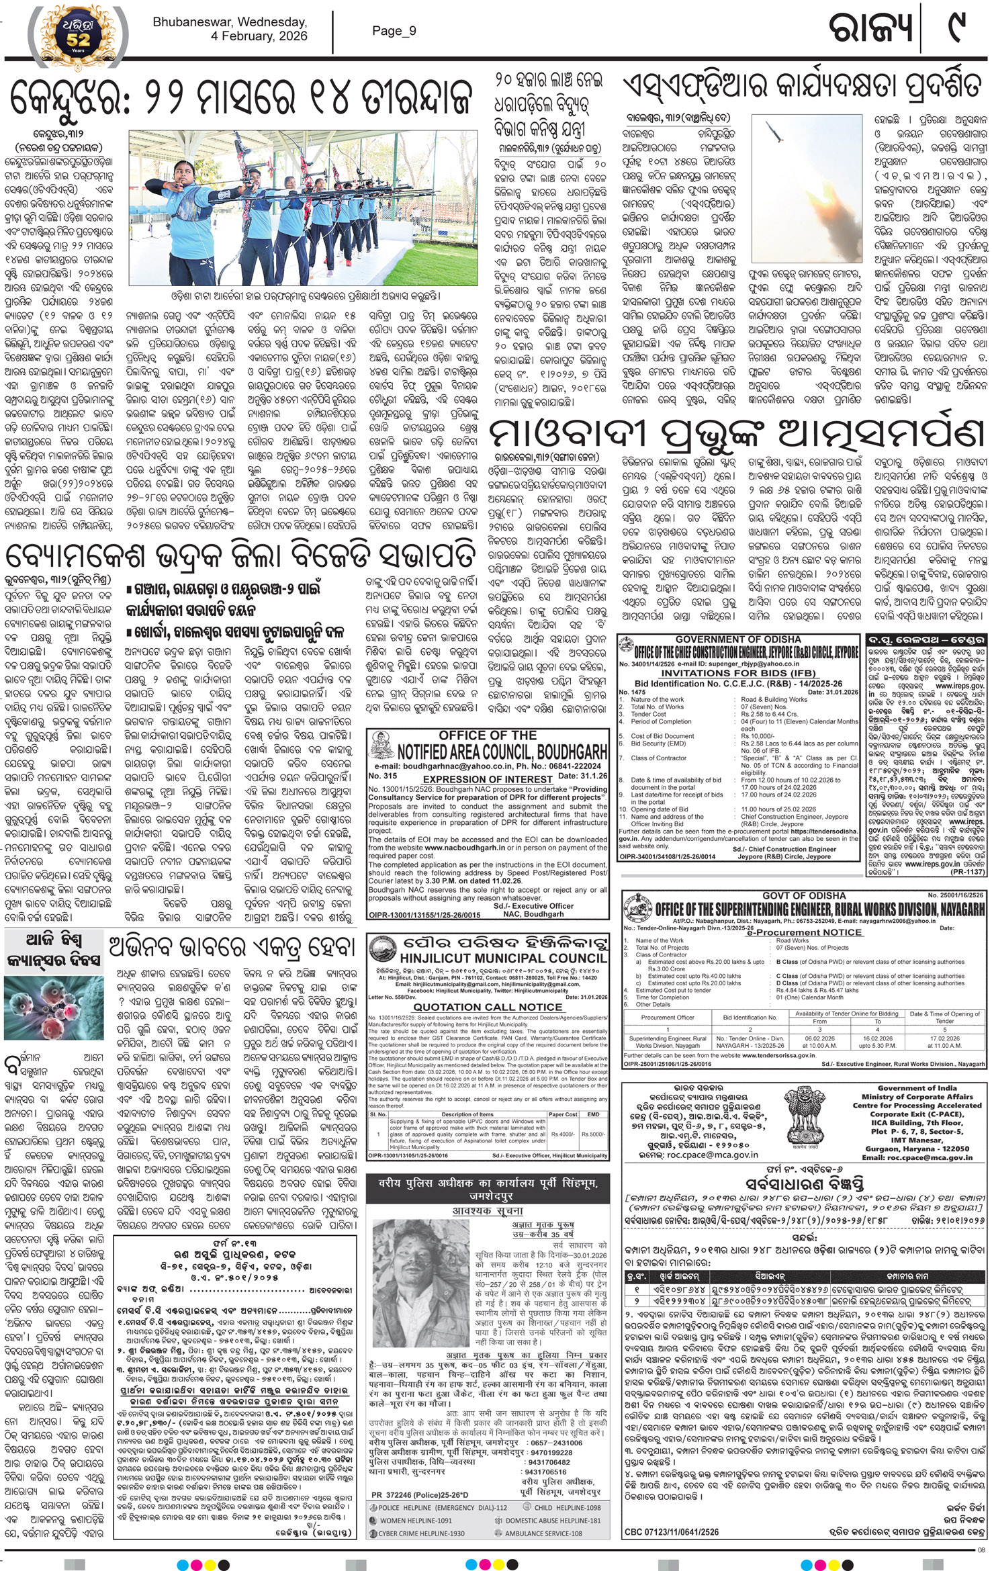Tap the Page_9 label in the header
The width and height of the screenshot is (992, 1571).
(x=394, y=30)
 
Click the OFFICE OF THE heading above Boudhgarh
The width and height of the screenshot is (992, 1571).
(x=488, y=735)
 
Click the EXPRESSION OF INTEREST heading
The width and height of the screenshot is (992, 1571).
(x=488, y=779)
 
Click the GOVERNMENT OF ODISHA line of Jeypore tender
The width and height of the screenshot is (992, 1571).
(x=738, y=639)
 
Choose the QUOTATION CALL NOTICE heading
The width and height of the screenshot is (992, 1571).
(x=488, y=1007)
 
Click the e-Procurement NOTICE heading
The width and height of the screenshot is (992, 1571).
(x=804, y=932)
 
